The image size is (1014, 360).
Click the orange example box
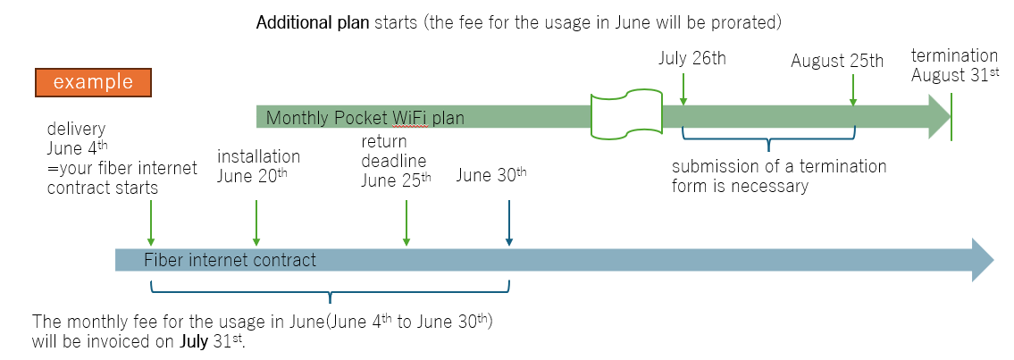93,83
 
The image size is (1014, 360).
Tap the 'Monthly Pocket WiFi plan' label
365,118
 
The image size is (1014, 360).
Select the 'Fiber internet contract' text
230,260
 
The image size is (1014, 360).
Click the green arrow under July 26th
683,89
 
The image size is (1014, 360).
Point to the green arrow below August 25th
853,89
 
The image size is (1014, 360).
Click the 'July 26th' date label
692,59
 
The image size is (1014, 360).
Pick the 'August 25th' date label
837,62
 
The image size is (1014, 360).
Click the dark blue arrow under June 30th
509,222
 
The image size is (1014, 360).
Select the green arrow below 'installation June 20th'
256,222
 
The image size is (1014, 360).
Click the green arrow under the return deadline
406,222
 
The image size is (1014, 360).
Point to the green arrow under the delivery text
151,222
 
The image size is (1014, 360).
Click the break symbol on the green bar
626,116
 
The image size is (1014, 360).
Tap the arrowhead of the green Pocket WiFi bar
939,117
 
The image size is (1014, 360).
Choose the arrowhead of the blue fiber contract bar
983,260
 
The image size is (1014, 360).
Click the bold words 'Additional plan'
314,23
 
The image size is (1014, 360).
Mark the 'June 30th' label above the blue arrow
491,175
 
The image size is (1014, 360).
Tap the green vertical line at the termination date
951,117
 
